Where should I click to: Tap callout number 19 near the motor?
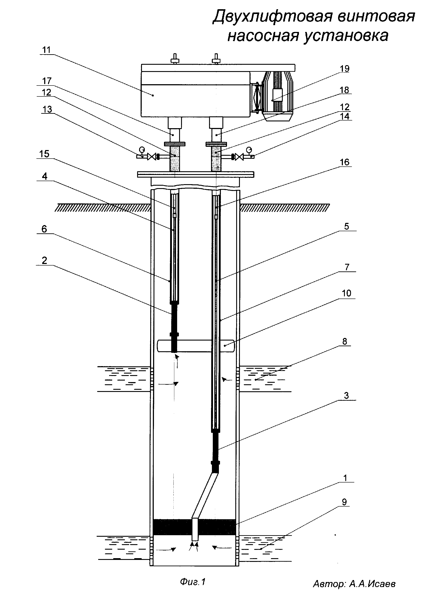click(x=345, y=69)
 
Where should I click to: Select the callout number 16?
click(x=345, y=162)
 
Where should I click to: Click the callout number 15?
click(x=44, y=154)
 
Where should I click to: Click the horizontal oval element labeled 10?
click(x=196, y=346)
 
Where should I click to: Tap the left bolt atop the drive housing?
click(x=175, y=59)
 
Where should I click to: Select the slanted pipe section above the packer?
click(x=205, y=496)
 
